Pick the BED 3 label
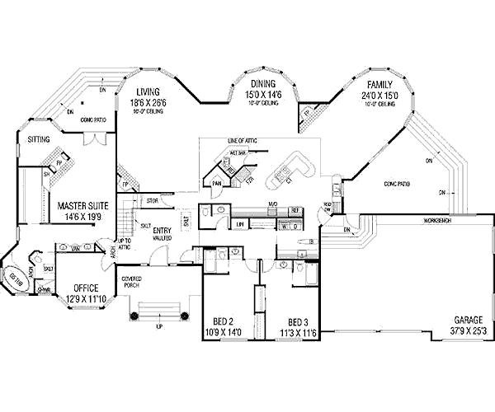pyautogui.click(x=299, y=321)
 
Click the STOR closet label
pyautogui.click(x=152, y=200)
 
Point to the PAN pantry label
pyautogui.click(x=217, y=183)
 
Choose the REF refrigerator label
pyautogui.click(x=294, y=211)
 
